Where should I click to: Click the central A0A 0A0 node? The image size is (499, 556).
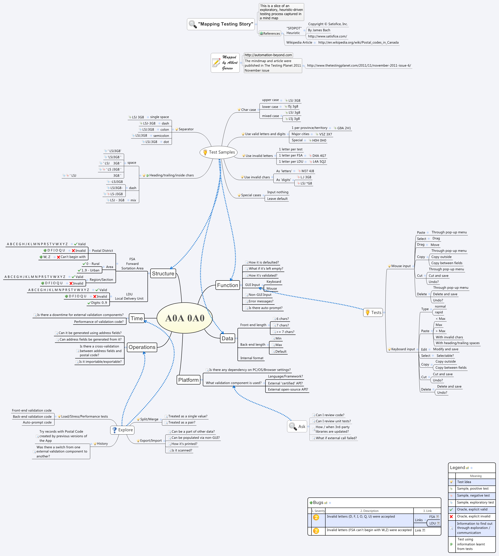point(185,318)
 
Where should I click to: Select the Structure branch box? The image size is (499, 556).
point(163,274)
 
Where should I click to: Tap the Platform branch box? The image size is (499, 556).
point(188,380)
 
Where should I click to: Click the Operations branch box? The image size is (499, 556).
point(142,347)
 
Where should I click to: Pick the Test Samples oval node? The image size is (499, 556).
point(218,152)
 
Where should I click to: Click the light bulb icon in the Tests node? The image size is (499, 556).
point(368,312)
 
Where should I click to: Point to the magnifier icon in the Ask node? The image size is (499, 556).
point(293,426)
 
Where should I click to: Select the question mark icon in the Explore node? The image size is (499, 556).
point(114,430)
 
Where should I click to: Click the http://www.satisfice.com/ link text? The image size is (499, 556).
point(327,36)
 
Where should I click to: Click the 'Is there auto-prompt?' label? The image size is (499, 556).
point(265,308)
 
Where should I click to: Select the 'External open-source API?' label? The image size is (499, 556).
point(288,389)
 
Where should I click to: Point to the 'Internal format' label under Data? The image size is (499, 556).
point(252,358)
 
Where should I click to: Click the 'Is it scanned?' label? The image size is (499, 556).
point(182,450)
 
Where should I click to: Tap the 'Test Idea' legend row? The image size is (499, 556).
point(464,482)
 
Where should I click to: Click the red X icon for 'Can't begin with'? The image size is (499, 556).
point(58,257)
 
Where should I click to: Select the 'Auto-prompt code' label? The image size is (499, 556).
point(37,422)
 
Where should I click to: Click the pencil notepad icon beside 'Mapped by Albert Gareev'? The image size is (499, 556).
point(216,63)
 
